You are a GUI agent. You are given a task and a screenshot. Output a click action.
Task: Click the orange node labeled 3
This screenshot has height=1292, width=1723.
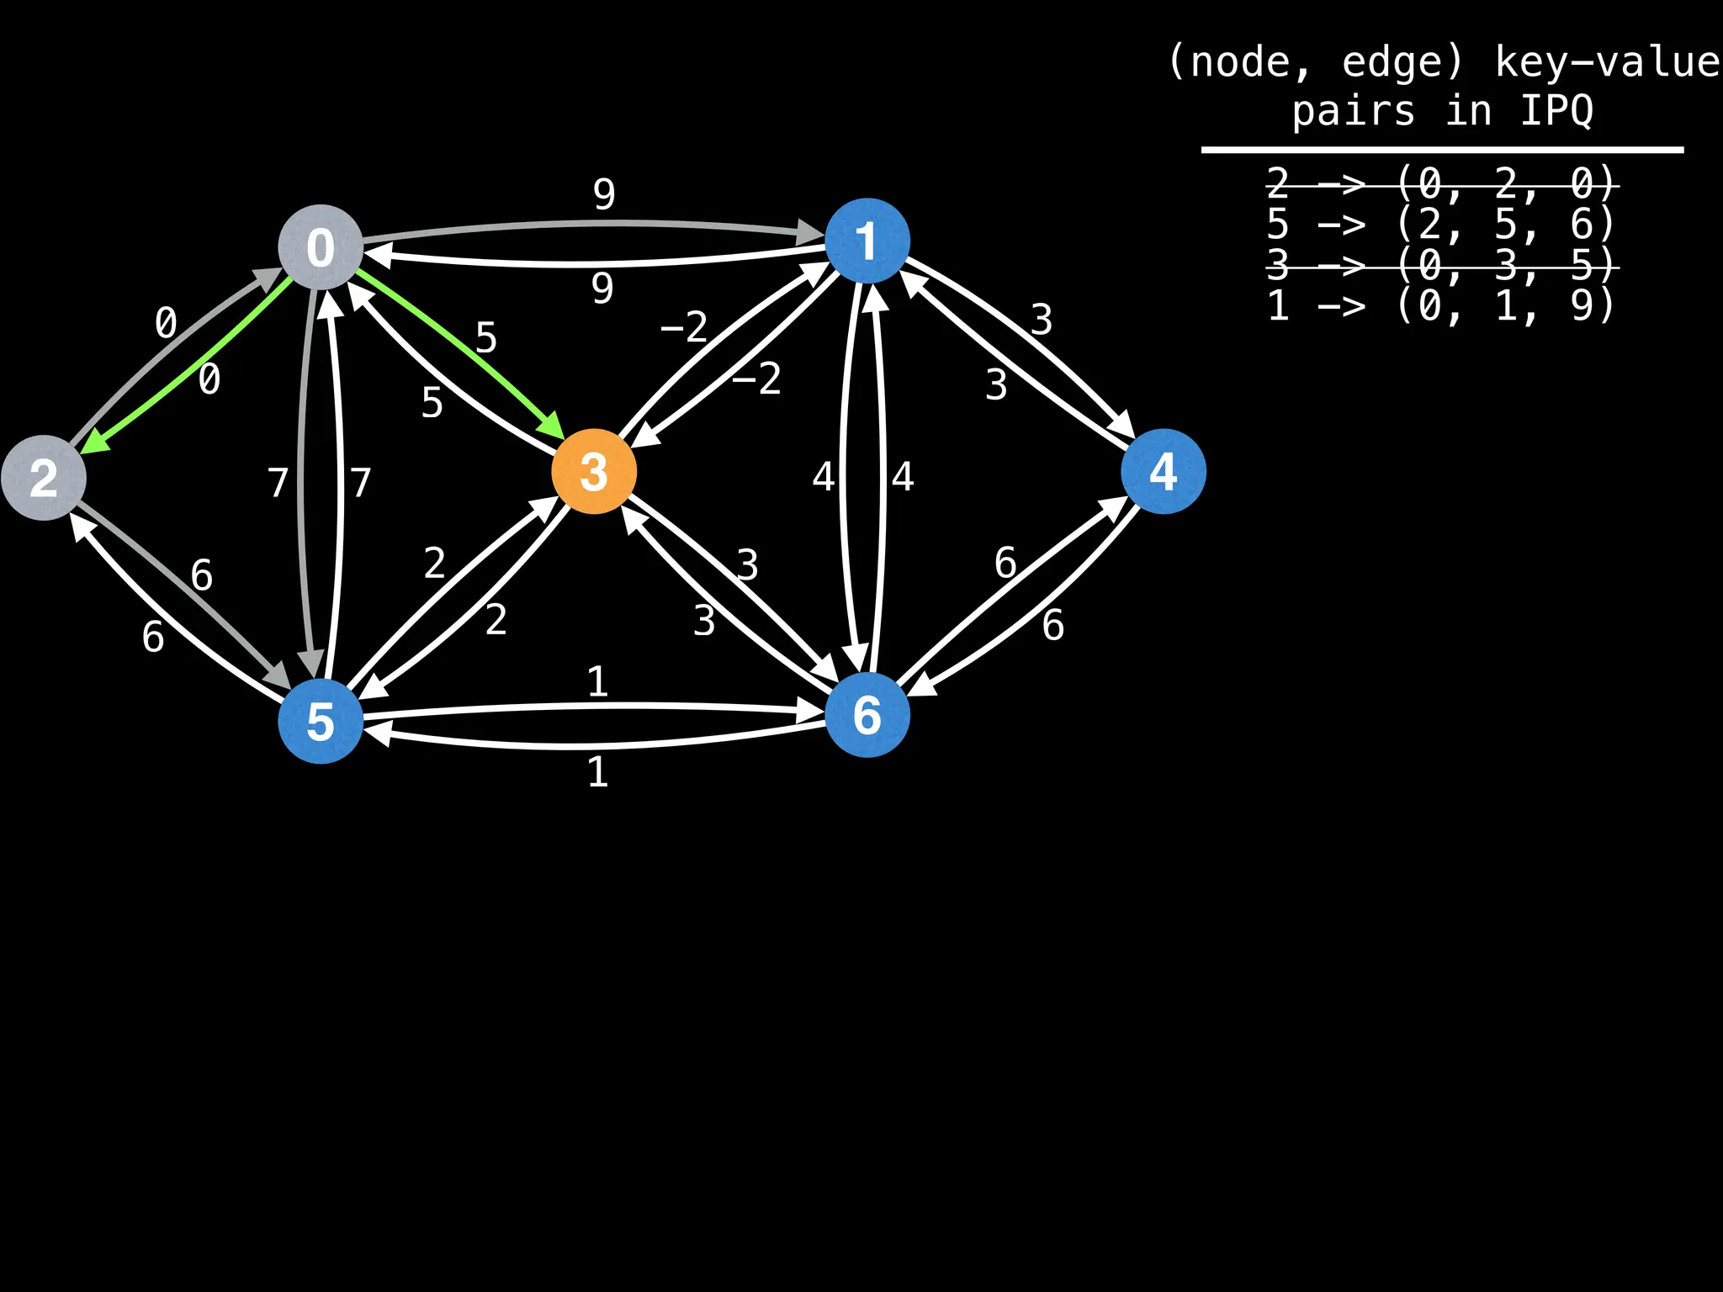pos(594,471)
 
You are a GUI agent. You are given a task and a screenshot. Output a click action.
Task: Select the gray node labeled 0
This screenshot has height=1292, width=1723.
pos(321,247)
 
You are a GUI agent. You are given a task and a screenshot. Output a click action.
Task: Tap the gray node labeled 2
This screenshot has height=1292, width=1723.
pos(44,478)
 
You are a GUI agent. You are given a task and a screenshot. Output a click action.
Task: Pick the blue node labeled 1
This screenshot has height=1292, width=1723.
pos(867,241)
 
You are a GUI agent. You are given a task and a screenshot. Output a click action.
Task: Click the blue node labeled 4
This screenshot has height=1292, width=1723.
pos(1164,471)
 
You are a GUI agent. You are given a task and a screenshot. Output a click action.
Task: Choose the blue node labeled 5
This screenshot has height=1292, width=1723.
pos(321,722)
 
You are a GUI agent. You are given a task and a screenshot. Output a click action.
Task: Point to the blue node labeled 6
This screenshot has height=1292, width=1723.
pos(867,715)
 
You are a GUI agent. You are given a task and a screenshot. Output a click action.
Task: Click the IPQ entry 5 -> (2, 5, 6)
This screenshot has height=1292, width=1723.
pos(1441,224)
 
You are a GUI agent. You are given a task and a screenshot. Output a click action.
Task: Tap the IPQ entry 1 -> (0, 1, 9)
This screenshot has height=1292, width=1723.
pos(1441,305)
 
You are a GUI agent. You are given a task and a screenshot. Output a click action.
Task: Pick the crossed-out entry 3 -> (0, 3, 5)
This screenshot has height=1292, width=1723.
pos(1441,266)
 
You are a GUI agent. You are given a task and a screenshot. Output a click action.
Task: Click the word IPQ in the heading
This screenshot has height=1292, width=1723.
pos(1556,111)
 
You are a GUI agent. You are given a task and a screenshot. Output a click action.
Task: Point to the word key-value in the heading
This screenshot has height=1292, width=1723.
pos(1607,62)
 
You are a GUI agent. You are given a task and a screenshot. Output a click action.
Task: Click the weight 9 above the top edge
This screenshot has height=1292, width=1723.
pos(604,195)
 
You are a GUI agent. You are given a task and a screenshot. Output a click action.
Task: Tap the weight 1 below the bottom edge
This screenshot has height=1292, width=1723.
pos(597,772)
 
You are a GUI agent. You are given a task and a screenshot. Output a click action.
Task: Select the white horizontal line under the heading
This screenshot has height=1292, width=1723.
pos(1441,150)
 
